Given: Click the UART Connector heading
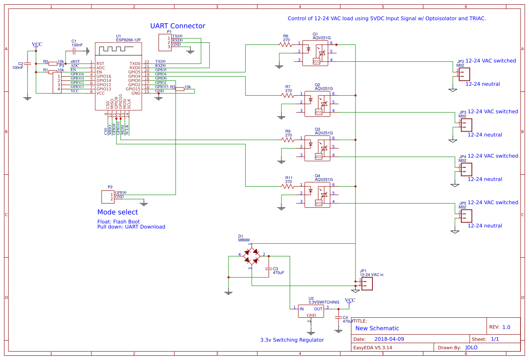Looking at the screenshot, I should click(177, 26).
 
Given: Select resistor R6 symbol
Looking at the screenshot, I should click(286, 44).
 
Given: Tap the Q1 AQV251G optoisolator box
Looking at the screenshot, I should click(315, 53).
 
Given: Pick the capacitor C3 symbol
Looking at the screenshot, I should click(268, 269).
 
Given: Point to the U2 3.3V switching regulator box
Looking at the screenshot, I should click(311, 311).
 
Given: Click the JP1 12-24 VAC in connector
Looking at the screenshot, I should click(366, 283).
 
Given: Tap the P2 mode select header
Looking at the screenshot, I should click(108, 197).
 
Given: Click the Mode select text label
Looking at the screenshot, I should click(118, 212).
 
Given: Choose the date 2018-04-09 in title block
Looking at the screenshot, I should click(389, 339).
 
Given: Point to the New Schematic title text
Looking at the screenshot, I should click(377, 328).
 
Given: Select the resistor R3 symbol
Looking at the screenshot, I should click(180, 89).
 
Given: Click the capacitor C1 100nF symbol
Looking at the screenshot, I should click(74, 51).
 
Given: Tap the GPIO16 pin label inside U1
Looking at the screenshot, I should click(104, 76).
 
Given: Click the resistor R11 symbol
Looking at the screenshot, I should click(288, 186).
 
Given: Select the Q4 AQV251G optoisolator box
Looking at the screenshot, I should click(317, 195).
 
